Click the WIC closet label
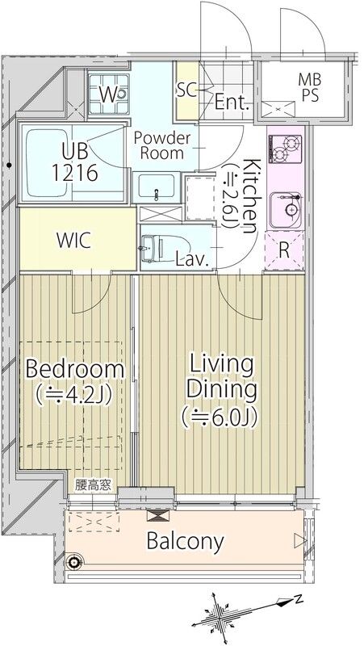pyautogui.click(x=73, y=241)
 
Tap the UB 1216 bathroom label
pyautogui.click(x=75, y=162)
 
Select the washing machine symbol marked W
pyautogui.click(x=109, y=94)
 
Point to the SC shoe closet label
pyautogui.click(x=187, y=90)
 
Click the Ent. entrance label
pyautogui.click(x=232, y=102)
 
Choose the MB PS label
pyautogui.click(x=310, y=87)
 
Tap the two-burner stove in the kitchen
pyautogui.click(x=285, y=149)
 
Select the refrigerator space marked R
pyautogui.click(x=284, y=251)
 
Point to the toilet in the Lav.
pyautogui.click(x=157, y=249)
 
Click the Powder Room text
pyautogui.click(x=162, y=145)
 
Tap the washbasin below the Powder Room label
pyautogui.click(x=156, y=186)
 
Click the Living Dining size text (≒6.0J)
pyautogui.click(x=220, y=417)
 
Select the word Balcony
pyautogui.click(x=186, y=541)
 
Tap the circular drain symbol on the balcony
pyautogui.click(x=74, y=560)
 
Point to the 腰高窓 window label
pyautogui.click(x=93, y=485)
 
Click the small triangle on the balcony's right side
pyautogui.click(x=299, y=540)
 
